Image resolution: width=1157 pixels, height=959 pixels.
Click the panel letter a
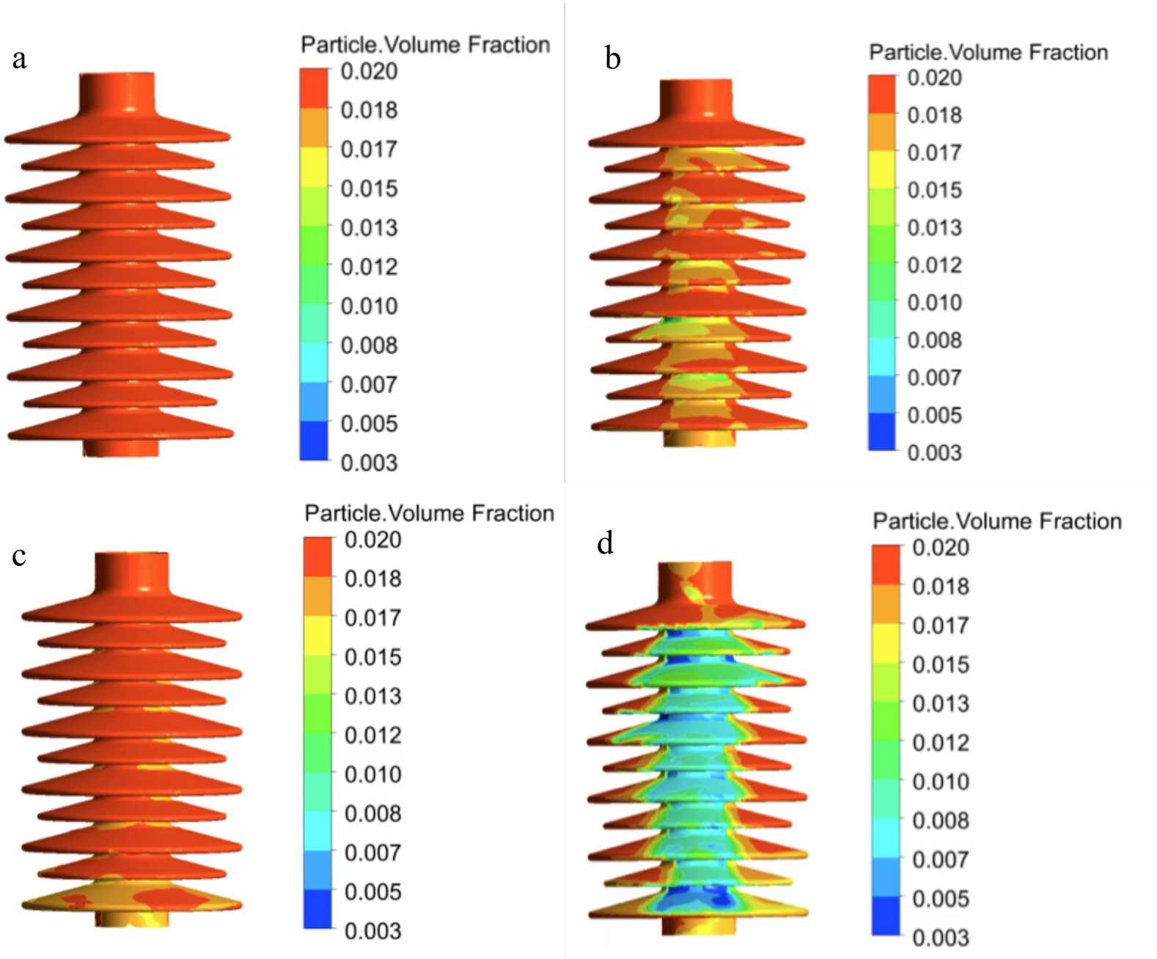20,59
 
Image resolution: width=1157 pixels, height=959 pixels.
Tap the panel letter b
613,59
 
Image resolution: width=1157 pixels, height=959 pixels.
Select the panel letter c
19,556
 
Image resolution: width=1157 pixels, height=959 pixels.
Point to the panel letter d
605,543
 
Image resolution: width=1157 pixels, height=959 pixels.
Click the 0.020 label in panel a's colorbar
369,72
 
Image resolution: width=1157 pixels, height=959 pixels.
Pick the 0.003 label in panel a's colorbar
369,463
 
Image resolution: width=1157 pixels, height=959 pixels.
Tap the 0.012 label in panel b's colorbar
934,265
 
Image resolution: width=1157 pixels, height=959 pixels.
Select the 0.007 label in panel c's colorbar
372,853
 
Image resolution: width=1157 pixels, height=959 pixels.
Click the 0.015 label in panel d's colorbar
941,665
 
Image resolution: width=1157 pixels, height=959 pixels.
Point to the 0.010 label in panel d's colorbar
941,782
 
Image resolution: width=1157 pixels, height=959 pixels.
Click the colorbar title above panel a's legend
425,45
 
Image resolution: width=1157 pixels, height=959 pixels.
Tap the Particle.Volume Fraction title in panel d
996,521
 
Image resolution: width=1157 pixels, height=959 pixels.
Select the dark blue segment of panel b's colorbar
881,432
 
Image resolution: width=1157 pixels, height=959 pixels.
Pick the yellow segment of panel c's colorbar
317,635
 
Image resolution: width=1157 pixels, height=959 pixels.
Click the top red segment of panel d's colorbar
886,565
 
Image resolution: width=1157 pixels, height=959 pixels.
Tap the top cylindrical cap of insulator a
117,92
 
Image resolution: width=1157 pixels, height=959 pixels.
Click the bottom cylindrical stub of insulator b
699,438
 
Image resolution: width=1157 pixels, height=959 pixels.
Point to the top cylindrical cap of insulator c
132,572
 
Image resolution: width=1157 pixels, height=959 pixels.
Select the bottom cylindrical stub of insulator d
698,925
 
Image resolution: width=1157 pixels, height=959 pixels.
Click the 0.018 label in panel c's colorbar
372,579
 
